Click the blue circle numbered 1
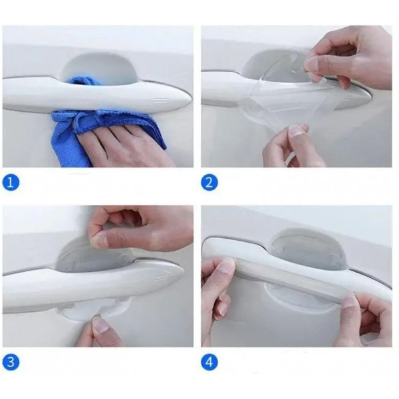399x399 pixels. coord(11,182)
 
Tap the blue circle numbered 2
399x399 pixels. coord(209,182)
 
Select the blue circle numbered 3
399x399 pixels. coord(11,362)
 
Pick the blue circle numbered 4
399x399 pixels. coord(209,362)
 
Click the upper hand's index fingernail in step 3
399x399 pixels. coord(98,241)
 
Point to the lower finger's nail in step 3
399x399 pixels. coord(99,325)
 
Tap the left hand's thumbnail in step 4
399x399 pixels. coord(227,265)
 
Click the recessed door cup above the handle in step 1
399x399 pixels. coord(99,65)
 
